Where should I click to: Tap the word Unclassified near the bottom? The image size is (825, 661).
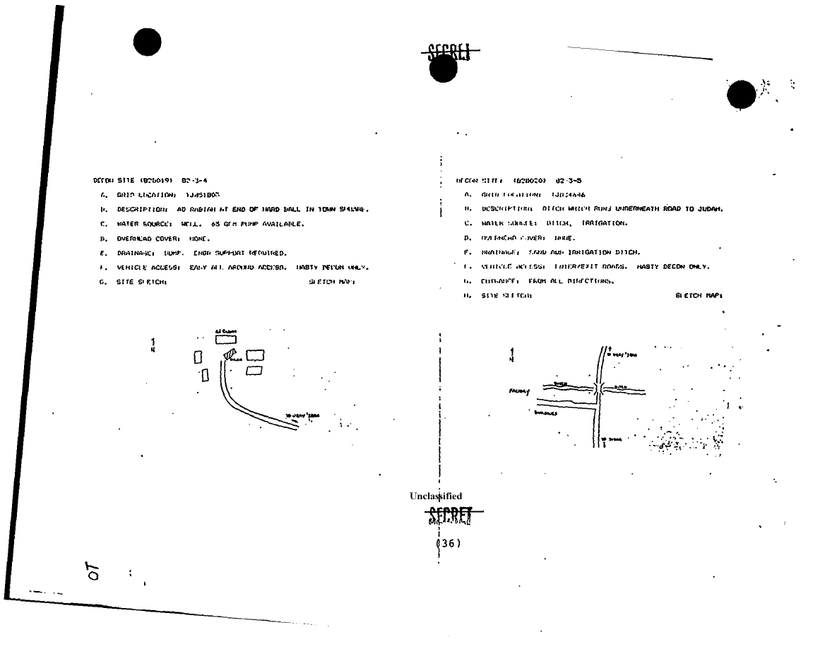pos(436,496)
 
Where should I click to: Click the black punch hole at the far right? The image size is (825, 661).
pos(742,94)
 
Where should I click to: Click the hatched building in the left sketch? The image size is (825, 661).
pos(230,355)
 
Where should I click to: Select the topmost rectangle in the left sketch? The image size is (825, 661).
pos(226,339)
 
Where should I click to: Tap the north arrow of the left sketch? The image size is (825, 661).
pos(153,344)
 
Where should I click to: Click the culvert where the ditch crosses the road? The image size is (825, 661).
pos(598,388)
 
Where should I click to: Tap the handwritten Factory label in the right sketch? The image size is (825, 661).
pos(519,390)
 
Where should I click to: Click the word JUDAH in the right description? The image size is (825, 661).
pos(712,209)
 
